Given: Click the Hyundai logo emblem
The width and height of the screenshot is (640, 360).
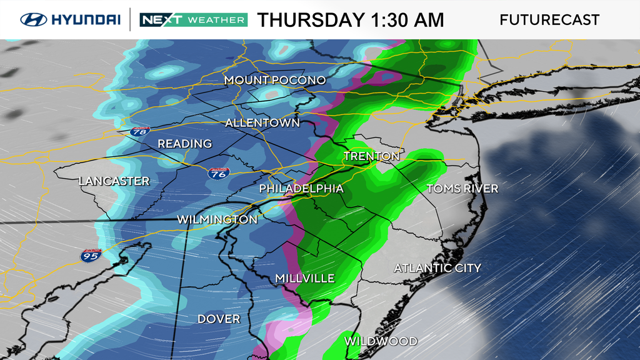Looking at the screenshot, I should [34, 19].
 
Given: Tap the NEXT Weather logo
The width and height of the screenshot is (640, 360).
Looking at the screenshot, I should [193, 19].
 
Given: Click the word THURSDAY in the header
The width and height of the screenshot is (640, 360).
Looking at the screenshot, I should [312, 20].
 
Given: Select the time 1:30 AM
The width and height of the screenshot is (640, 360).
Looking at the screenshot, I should [407, 20].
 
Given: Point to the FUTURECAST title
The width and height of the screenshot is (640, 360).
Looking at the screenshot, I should [549, 20].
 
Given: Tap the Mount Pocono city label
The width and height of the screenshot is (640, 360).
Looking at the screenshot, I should [275, 81].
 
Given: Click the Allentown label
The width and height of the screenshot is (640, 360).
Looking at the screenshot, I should [262, 123].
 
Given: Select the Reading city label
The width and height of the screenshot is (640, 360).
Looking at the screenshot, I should [184, 144].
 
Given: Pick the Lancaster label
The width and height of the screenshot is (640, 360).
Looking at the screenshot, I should [114, 181].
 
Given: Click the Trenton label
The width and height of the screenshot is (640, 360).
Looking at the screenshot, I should [371, 156].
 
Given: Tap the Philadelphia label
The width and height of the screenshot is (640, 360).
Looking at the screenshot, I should [301, 189].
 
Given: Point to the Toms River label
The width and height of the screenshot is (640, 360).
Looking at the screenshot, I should [462, 189].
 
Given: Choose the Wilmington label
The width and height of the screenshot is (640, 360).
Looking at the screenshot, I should [217, 220].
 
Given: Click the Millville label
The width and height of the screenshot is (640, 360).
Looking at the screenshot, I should [305, 279].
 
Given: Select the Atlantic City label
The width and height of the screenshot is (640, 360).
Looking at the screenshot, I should [437, 268].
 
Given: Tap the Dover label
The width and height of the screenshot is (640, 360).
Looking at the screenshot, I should [219, 319].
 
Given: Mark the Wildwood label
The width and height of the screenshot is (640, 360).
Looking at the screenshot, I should [381, 341].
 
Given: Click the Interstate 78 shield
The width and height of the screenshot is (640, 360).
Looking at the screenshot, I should [141, 131].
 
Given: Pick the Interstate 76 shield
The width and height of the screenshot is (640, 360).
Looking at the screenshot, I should [219, 173].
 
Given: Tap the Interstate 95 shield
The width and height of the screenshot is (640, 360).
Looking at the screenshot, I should [90, 255].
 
